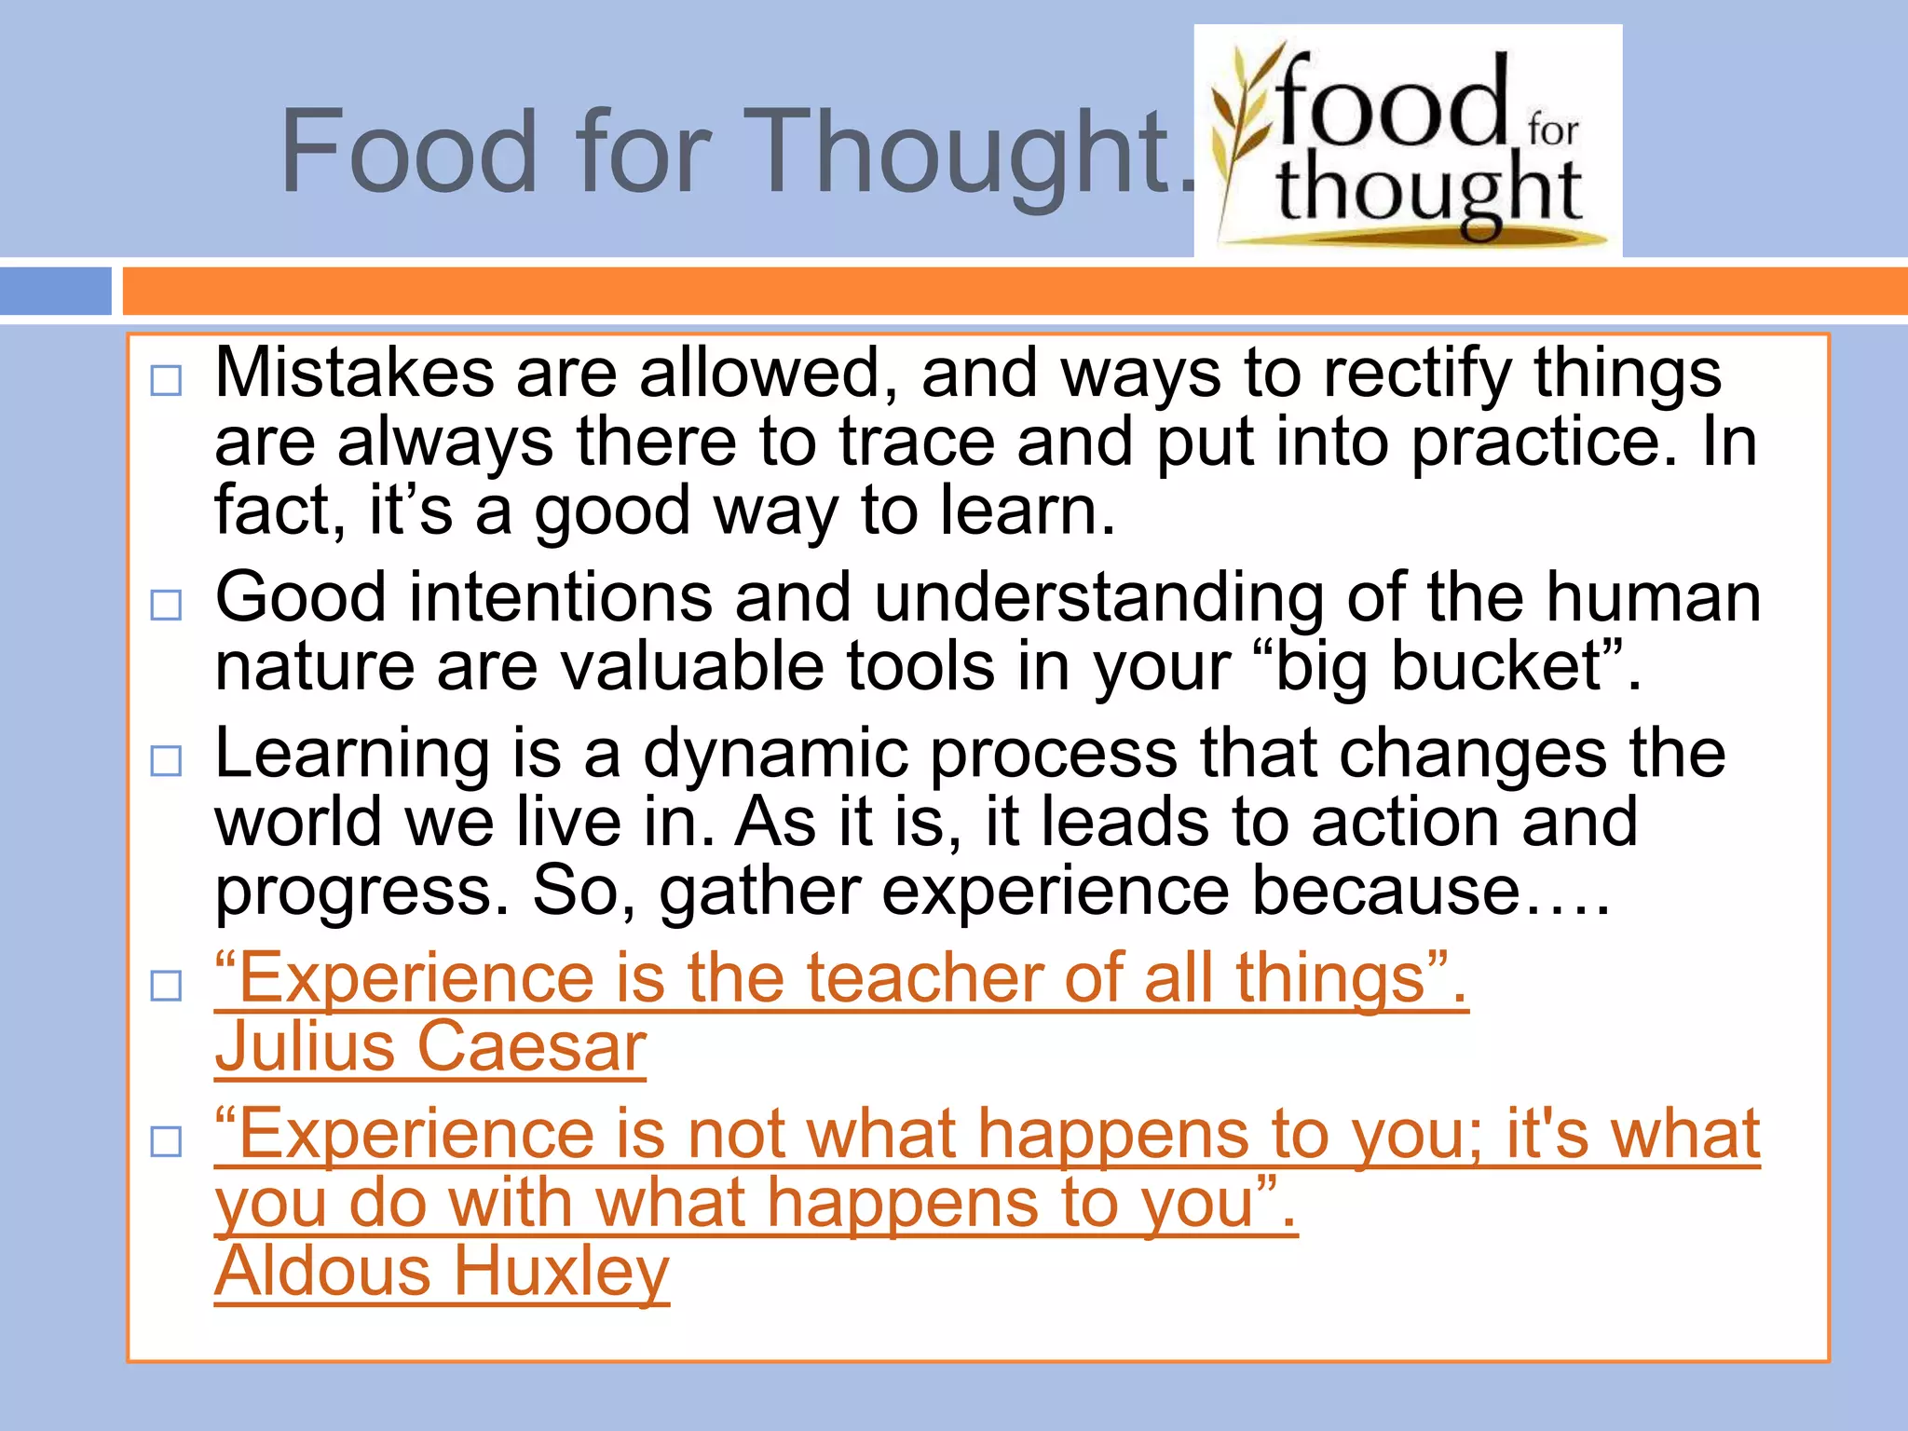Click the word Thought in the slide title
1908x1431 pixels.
(x=960, y=154)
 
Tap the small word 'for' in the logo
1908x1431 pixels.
(x=1553, y=129)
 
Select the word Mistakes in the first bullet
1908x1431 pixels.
(x=354, y=373)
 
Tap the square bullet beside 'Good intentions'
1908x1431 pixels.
(x=166, y=606)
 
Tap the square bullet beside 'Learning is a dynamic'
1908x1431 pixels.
(x=166, y=761)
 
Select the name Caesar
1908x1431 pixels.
(x=531, y=1047)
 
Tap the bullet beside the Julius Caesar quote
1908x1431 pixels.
(x=166, y=986)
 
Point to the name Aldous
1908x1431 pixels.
(x=322, y=1273)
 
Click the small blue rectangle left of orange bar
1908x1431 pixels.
(x=56, y=291)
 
